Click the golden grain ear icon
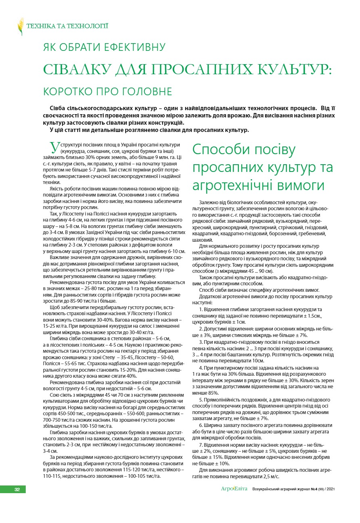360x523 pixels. pos(21,26)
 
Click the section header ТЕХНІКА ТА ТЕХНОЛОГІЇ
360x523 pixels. pos(67,27)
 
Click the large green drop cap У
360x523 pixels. pos(53,146)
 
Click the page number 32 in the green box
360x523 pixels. pos(17,489)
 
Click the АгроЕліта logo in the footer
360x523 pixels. pos(234,489)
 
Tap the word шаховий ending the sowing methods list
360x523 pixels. pos(201,239)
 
